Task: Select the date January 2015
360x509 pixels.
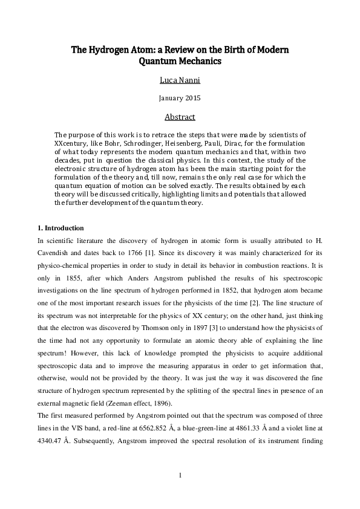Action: click(x=179, y=98)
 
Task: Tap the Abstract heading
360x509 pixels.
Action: click(x=179, y=117)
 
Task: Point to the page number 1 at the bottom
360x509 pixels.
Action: click(x=180, y=476)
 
